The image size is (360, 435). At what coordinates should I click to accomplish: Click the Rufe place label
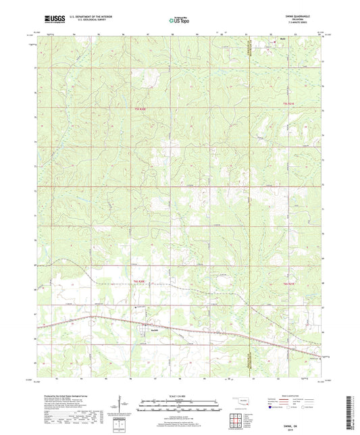(x=282, y=49)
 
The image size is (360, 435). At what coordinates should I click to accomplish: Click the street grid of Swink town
(x=145, y=327)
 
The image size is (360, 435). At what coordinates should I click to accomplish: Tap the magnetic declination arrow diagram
(x=122, y=407)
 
